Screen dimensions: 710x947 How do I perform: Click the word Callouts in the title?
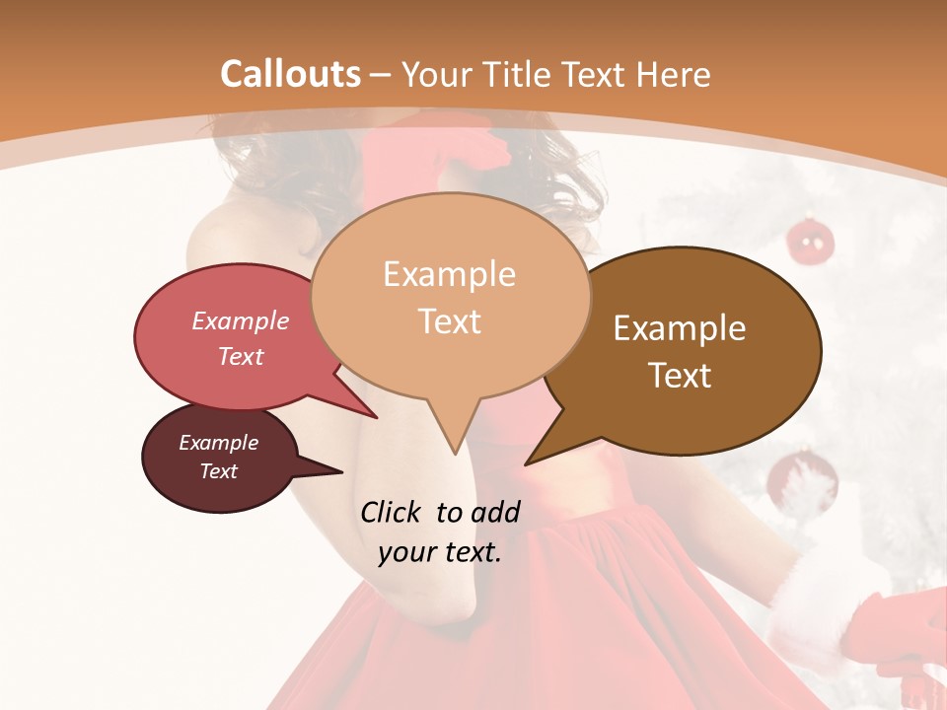290,74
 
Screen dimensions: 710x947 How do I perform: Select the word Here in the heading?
673,74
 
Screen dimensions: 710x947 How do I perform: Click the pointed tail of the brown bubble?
529,461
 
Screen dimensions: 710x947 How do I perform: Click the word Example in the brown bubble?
680,328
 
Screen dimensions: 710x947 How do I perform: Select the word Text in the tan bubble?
450,320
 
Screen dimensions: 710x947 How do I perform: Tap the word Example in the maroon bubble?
218,443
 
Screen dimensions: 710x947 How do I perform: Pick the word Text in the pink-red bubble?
241,356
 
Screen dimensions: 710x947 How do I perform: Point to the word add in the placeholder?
495,512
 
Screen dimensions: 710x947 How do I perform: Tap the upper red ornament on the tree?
810,242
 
